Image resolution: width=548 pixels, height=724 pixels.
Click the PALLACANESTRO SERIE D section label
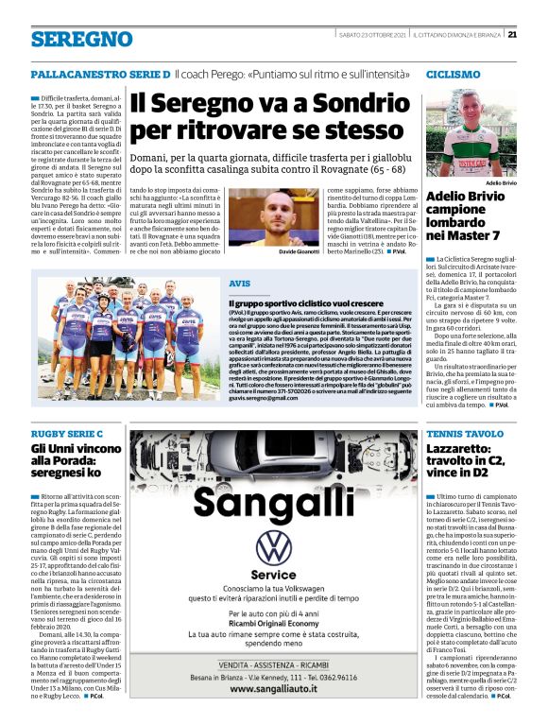tap(99, 73)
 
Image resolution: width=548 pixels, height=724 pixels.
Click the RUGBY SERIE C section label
tap(66, 434)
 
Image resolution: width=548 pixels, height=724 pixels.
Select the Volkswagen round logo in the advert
tap(274, 547)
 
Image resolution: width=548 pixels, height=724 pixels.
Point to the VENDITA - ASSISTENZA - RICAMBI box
tap(274, 665)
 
